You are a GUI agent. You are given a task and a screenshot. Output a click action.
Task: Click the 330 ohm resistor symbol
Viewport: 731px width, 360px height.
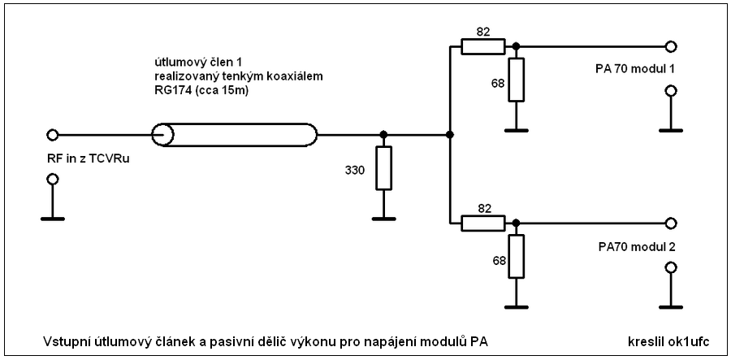click(x=383, y=167)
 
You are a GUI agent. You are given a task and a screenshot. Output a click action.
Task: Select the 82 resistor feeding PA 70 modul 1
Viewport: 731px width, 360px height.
click(x=483, y=47)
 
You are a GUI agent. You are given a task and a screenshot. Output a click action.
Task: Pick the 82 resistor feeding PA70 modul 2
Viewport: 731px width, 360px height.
click(x=483, y=223)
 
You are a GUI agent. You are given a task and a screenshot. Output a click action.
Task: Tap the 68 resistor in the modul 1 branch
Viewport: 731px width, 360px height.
click(x=516, y=80)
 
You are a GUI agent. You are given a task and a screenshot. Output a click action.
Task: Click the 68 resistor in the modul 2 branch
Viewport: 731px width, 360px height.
click(x=516, y=257)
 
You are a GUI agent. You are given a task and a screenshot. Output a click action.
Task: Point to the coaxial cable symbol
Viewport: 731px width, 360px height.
click(x=235, y=135)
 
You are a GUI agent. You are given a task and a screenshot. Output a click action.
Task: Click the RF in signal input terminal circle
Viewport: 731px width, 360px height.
click(x=52, y=135)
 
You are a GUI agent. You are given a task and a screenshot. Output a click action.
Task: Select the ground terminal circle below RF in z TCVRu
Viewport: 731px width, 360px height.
click(x=52, y=179)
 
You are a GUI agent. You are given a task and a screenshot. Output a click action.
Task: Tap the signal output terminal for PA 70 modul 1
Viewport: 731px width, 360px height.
click(x=670, y=46)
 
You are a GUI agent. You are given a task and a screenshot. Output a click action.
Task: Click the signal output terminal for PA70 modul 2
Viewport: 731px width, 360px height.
click(x=670, y=223)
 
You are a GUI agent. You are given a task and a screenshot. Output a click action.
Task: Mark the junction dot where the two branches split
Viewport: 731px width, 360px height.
click(x=449, y=135)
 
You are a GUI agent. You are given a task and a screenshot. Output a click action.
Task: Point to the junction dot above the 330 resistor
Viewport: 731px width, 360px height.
click(x=383, y=135)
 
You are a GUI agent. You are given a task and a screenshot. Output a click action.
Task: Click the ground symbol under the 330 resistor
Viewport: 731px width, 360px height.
click(x=383, y=219)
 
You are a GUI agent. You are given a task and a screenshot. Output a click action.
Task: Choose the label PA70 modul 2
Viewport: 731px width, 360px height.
click(x=637, y=247)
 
